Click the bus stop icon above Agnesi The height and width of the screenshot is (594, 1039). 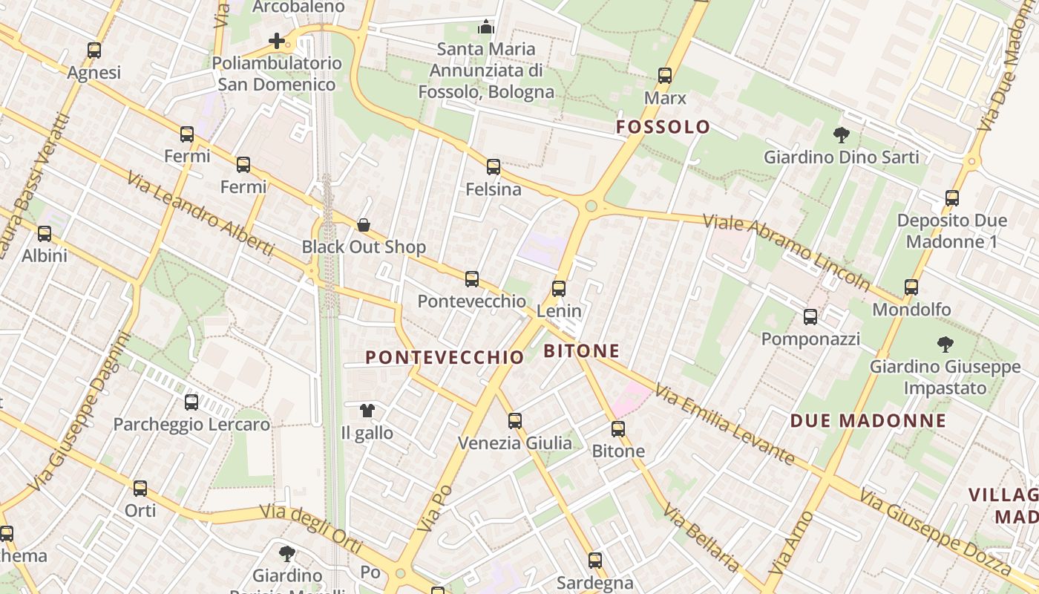[94, 50]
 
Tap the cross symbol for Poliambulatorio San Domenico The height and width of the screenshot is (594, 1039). [277, 41]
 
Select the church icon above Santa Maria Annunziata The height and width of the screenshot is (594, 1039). [486, 27]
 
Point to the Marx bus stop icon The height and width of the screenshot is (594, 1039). [665, 76]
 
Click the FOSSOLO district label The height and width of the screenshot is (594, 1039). [663, 127]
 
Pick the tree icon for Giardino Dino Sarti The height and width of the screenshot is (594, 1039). [841, 135]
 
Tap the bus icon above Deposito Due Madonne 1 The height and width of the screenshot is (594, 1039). [952, 198]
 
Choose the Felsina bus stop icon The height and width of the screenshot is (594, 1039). [494, 167]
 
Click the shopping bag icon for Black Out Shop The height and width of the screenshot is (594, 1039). [364, 225]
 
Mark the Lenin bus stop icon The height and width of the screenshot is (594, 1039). [559, 289]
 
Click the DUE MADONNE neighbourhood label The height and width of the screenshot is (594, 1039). [868, 421]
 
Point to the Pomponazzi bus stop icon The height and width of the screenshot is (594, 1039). [810, 317]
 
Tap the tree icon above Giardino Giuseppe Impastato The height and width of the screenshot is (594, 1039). [945, 345]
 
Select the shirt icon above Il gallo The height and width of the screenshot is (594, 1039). [367, 410]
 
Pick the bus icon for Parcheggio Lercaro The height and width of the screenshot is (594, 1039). [191, 402]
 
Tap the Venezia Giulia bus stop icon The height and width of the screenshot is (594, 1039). [515, 421]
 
